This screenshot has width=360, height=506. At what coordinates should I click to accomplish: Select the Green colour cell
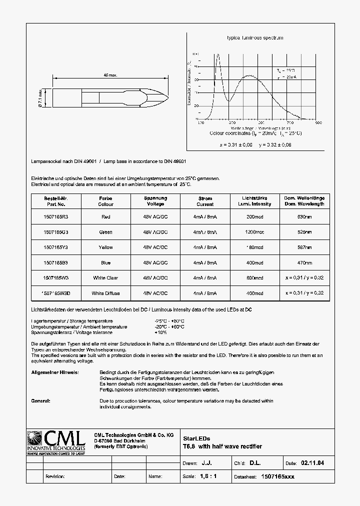105,232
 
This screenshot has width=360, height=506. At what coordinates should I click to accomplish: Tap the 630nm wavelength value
304,217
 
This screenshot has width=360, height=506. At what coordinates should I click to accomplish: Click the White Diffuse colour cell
105,293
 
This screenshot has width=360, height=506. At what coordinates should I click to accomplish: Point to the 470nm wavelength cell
304,262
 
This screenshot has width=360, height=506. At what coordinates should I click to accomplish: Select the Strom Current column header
205,201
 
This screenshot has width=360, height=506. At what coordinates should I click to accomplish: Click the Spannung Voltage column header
155,201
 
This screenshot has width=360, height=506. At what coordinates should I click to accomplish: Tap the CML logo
56,443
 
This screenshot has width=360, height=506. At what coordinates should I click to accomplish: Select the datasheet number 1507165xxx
278,476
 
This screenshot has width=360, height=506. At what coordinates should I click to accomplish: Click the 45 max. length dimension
110,75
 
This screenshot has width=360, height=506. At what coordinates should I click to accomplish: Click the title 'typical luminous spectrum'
255,38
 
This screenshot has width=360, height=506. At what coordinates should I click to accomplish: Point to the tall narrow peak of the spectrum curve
217,55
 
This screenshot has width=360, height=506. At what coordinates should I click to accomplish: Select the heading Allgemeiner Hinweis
54,372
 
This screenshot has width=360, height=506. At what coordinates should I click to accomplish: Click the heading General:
41,401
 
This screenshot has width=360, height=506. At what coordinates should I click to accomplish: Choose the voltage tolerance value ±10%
161,332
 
